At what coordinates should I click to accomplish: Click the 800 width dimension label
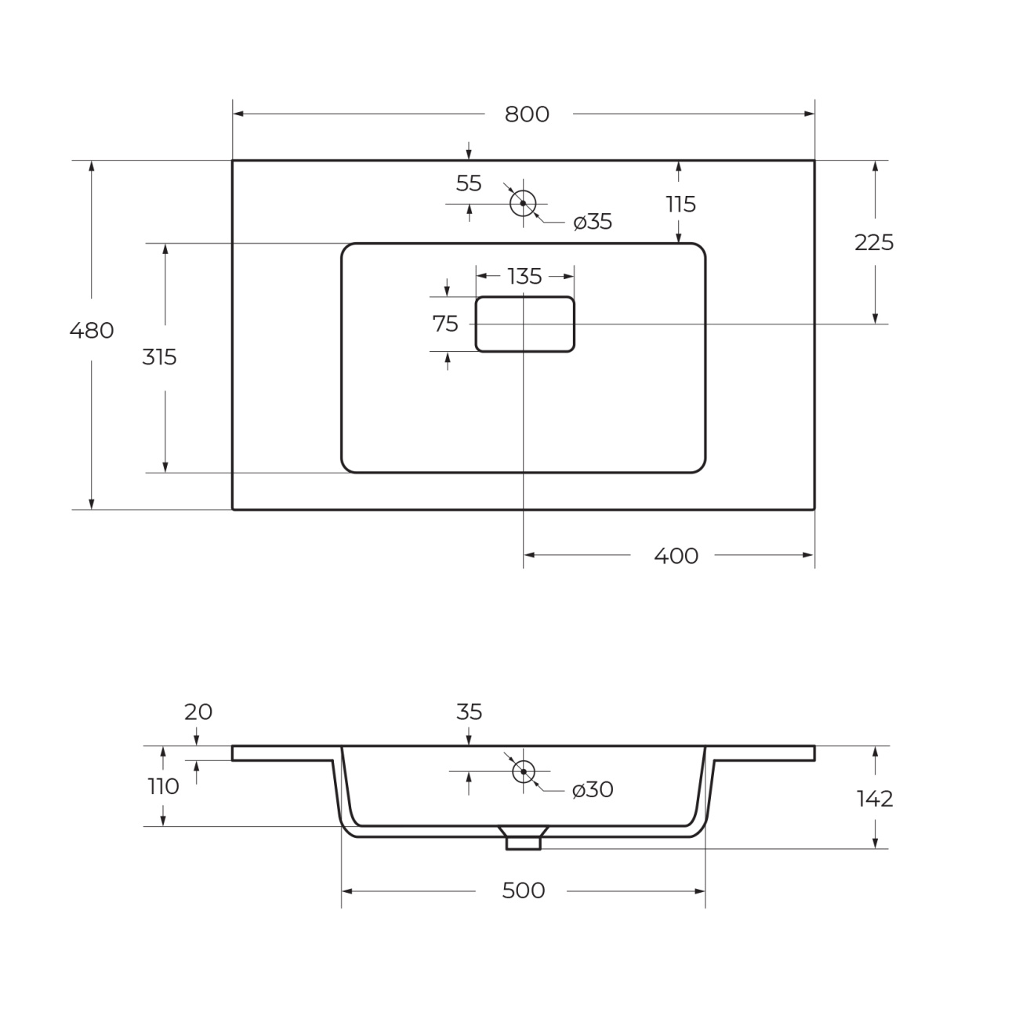(x=527, y=114)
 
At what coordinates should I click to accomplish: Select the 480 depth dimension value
(x=92, y=331)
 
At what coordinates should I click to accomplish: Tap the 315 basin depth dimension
(x=159, y=357)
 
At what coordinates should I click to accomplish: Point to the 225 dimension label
(x=874, y=243)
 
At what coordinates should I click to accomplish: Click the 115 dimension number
(x=680, y=204)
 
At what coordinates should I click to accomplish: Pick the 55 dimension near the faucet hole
(x=469, y=183)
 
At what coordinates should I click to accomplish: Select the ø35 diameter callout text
(x=593, y=222)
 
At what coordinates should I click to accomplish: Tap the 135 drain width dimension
(x=524, y=277)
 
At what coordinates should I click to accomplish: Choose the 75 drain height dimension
(x=445, y=325)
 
